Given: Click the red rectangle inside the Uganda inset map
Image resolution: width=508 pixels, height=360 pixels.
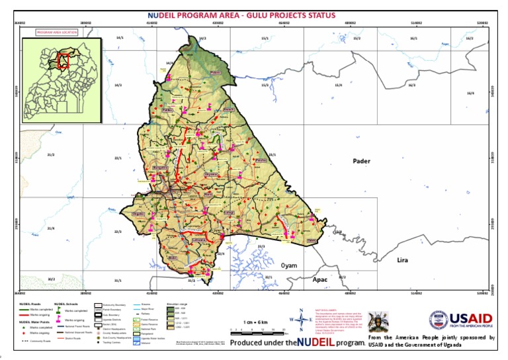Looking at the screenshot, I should click(x=63, y=61).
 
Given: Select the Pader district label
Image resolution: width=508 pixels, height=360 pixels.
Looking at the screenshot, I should click(x=361, y=161).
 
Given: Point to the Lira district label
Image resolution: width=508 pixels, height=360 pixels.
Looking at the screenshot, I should click(x=402, y=260).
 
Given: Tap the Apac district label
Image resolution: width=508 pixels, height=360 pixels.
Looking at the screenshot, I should click(x=320, y=279).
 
